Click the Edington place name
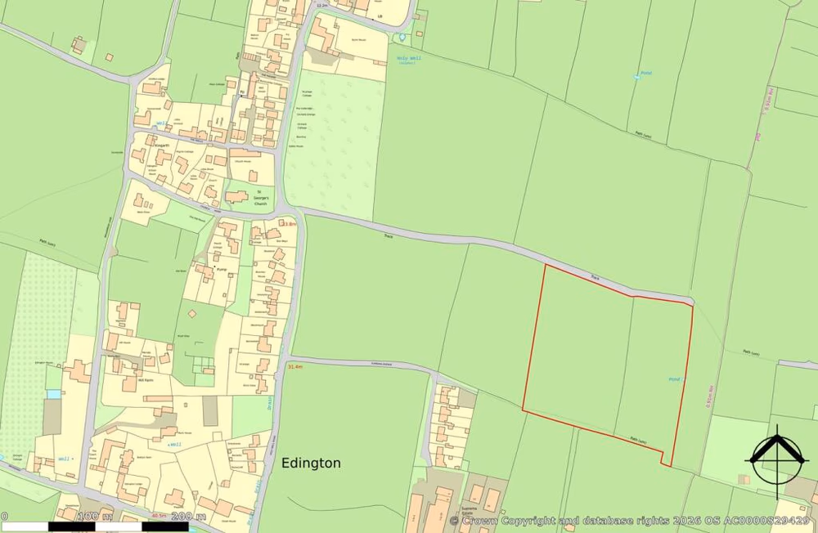click(x=311, y=464)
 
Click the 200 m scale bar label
click(x=188, y=516)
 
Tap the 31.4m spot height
click(x=295, y=367)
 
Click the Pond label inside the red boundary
click(x=674, y=380)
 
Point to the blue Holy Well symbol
click(x=402, y=38)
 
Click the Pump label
click(x=220, y=266)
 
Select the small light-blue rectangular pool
click(x=53, y=394)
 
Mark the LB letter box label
click(x=380, y=16)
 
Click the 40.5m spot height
click(x=159, y=516)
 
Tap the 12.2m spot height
click(x=321, y=4)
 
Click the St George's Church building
click(x=237, y=196)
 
